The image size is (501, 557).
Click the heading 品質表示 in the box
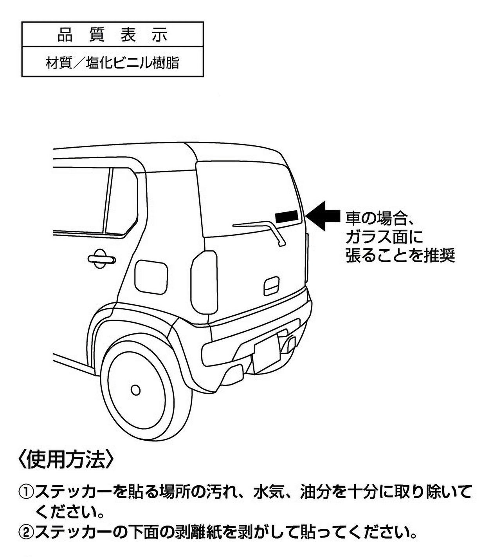pos(112,35)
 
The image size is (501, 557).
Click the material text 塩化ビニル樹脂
pos(132,63)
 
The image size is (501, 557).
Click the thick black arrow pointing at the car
pos(323,216)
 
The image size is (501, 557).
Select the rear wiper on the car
pos(259,233)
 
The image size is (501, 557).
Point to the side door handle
pos(101,259)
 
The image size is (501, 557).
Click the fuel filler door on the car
pos(151,277)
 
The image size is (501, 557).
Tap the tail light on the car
pos(204,282)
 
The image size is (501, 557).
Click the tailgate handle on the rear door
pos(272,286)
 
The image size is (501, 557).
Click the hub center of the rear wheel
pos(135,390)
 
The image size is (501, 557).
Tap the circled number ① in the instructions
pos(26,492)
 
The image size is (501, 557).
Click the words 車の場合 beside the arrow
pos(376,218)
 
